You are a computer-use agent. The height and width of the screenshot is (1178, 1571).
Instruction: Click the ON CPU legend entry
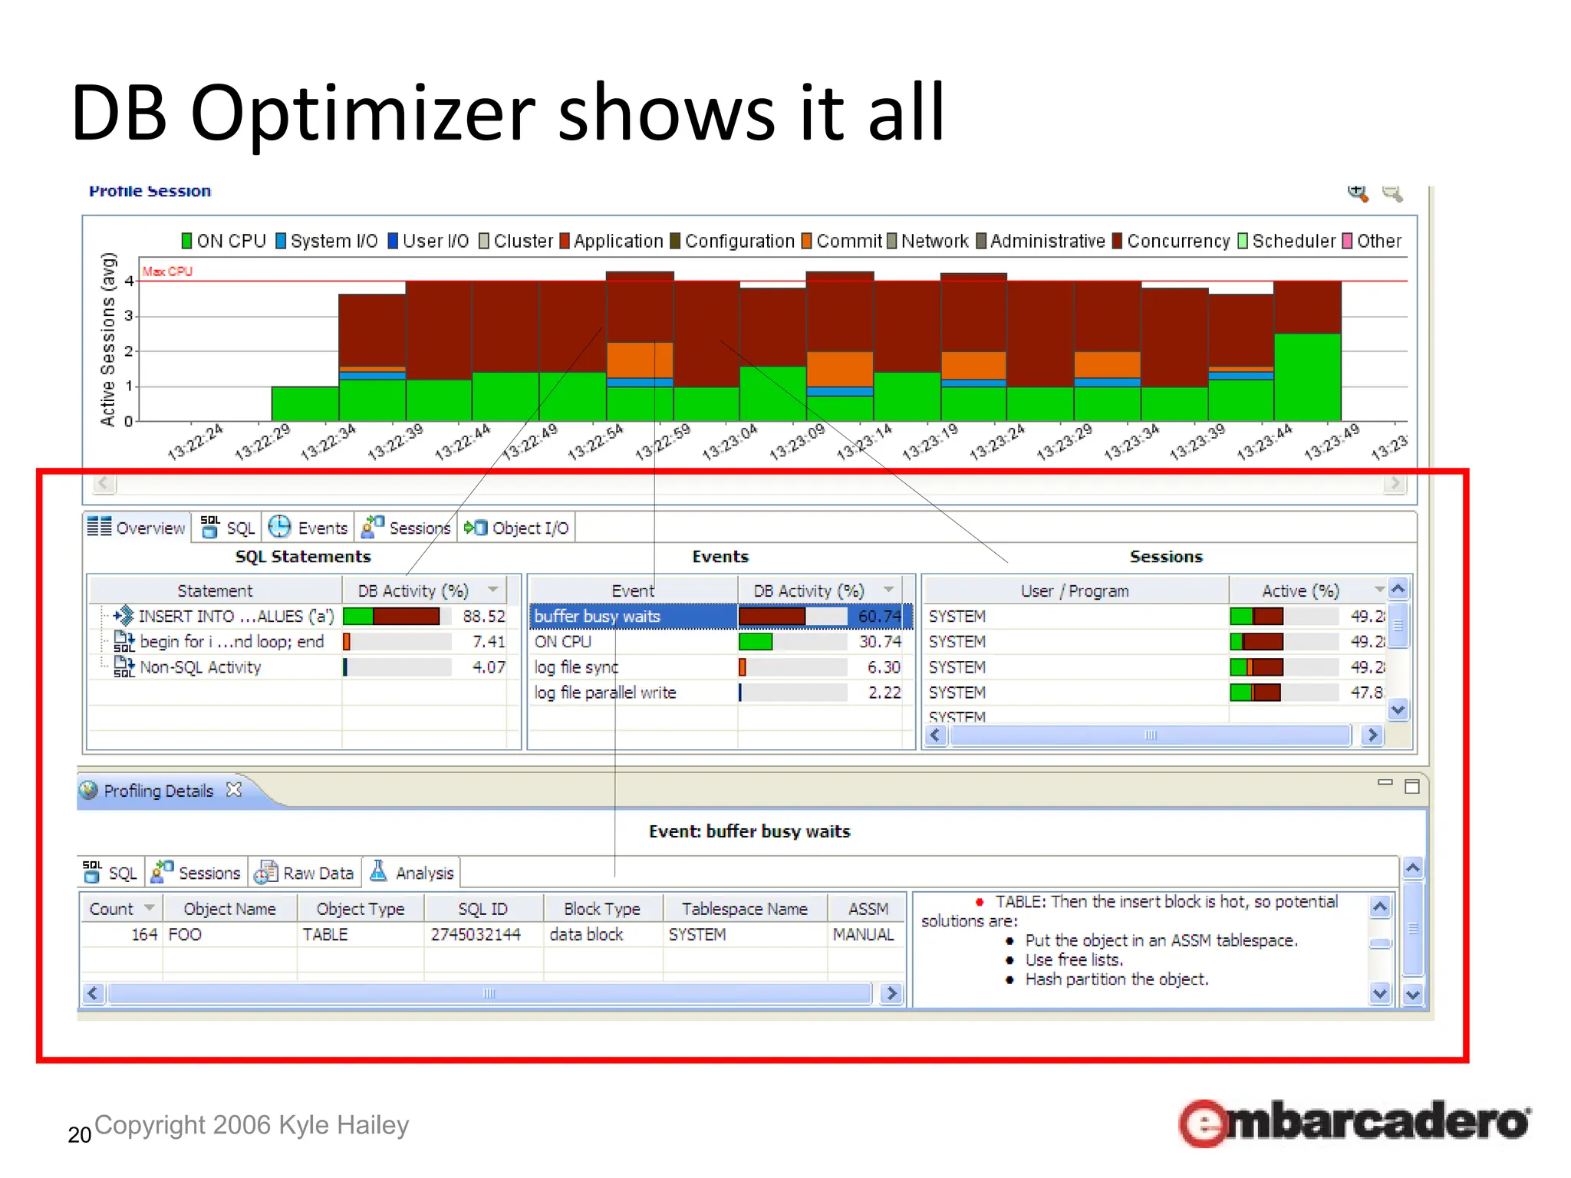tap(223, 241)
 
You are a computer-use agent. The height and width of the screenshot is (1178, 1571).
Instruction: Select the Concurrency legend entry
tap(1171, 241)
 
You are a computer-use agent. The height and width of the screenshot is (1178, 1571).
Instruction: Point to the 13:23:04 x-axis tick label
tap(730, 443)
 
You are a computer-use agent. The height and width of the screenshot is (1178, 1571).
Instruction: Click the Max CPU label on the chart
tap(167, 271)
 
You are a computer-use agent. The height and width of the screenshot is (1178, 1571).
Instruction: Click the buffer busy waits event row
tap(597, 616)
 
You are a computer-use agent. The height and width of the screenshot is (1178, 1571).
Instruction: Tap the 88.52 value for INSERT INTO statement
tap(484, 616)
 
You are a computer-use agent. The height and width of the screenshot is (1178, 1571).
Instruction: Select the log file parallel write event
tap(604, 693)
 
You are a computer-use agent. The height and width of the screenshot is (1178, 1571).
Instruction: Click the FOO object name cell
tap(185, 934)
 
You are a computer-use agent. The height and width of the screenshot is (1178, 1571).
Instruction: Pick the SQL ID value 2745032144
tap(475, 934)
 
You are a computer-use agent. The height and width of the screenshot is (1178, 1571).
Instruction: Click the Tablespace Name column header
tap(744, 909)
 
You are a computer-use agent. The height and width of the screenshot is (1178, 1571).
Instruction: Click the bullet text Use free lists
tap(1073, 959)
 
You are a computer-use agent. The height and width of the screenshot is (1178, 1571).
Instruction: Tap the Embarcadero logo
tap(1354, 1123)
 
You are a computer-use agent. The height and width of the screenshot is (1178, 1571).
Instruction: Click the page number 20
tap(79, 1135)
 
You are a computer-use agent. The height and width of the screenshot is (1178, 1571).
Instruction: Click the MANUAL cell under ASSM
tap(863, 934)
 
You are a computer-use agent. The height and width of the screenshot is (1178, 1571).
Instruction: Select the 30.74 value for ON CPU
tap(879, 641)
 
